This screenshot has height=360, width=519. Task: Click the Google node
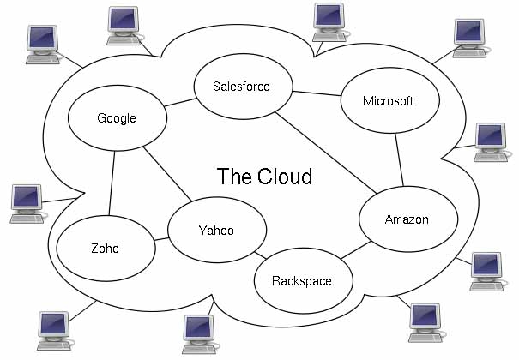click(x=117, y=118)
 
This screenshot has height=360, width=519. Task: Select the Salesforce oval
click(x=242, y=87)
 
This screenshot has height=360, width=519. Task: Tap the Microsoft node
click(x=388, y=101)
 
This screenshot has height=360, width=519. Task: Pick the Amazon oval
click(x=406, y=219)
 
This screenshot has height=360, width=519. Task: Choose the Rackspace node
click(x=301, y=280)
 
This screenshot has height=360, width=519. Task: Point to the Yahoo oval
click(x=215, y=231)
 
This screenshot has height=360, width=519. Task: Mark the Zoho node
click(x=105, y=249)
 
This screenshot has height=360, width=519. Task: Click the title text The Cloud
click(x=264, y=177)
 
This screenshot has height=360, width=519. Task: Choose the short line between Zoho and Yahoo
click(x=161, y=239)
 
